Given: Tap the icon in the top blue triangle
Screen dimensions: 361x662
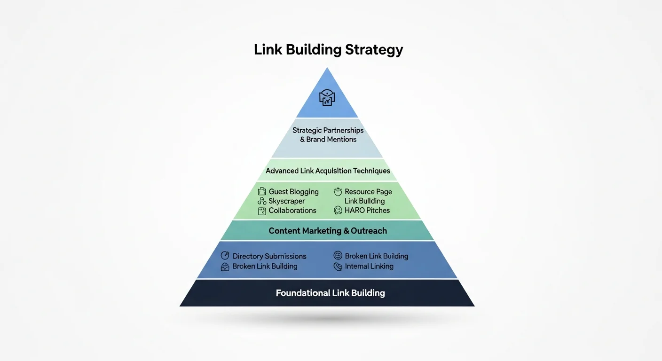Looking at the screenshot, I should pyautogui.click(x=327, y=97).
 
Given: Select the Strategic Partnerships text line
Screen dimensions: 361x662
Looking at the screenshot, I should pyautogui.click(x=328, y=130).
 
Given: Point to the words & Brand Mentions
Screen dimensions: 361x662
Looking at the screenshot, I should pyautogui.click(x=328, y=140).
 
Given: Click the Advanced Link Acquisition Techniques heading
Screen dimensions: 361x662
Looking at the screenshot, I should pyautogui.click(x=328, y=171).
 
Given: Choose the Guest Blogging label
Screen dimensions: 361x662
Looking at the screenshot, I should pyautogui.click(x=293, y=192).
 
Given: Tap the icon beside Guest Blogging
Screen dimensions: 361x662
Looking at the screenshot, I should pyautogui.click(x=262, y=192).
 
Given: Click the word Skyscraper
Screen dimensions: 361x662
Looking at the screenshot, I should pyautogui.click(x=287, y=201).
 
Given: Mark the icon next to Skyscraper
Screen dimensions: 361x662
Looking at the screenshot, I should pyautogui.click(x=262, y=201).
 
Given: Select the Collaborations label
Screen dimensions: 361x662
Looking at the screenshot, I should pyautogui.click(x=292, y=211).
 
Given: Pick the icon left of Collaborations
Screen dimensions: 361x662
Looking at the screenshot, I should pyautogui.click(x=262, y=211).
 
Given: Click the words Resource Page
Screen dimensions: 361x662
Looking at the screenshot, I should pyautogui.click(x=368, y=192).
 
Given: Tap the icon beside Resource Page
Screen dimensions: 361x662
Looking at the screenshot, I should pyautogui.click(x=338, y=192).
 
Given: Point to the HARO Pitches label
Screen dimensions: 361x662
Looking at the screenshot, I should pyautogui.click(x=367, y=211).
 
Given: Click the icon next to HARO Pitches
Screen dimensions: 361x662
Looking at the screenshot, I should pyautogui.click(x=338, y=211).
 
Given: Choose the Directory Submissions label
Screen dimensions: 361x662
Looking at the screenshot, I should pyautogui.click(x=269, y=256).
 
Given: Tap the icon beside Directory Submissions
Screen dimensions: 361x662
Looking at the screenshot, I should pyautogui.click(x=225, y=256).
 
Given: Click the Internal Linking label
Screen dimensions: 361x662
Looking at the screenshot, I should pyautogui.click(x=369, y=267).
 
